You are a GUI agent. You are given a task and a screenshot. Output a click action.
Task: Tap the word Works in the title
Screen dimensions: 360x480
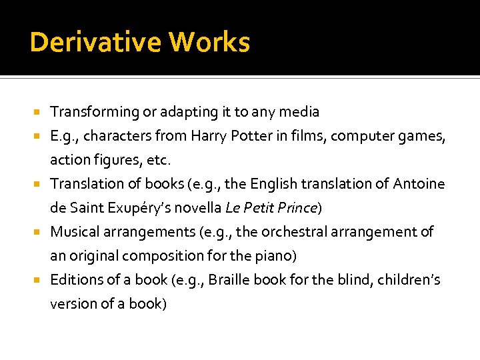pyautogui.click(x=209, y=43)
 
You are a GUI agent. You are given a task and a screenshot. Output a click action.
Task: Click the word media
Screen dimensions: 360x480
pyautogui.click(x=301, y=112)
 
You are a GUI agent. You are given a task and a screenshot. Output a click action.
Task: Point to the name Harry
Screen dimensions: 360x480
pyautogui.click(x=209, y=136)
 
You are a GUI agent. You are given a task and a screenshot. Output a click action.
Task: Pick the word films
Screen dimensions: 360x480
pyautogui.click(x=306, y=136)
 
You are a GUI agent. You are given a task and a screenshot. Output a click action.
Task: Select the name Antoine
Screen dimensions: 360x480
pyautogui.click(x=419, y=183)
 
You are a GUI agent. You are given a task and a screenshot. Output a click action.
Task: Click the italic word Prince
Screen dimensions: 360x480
pyautogui.click(x=297, y=207)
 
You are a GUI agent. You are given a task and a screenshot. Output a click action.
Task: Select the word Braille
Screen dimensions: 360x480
pyautogui.click(x=229, y=279)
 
